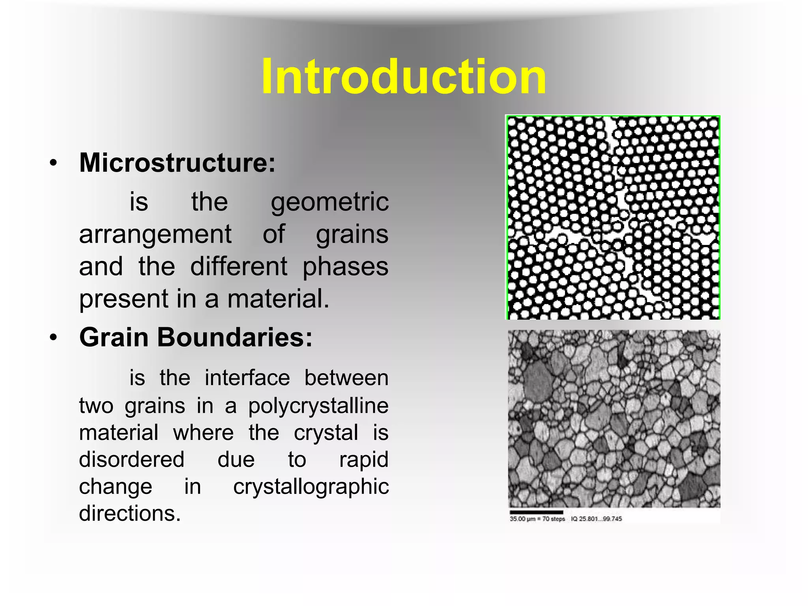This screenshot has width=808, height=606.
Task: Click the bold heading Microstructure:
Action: pyautogui.click(x=177, y=162)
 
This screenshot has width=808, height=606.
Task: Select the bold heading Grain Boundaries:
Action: pyautogui.click(x=196, y=338)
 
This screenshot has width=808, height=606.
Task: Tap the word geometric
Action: pyautogui.click(x=330, y=202)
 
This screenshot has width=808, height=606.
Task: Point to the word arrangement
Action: pyautogui.click(x=155, y=235)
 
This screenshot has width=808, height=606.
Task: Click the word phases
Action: pyautogui.click(x=345, y=267)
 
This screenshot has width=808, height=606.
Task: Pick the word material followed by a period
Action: pyautogui.click(x=278, y=299)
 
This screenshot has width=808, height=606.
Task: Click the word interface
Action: pyautogui.click(x=247, y=378)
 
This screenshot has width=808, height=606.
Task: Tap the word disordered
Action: pyautogui.click(x=132, y=460)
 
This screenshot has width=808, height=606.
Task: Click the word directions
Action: pyautogui.click(x=130, y=513)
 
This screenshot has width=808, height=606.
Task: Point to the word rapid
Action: pyautogui.click(x=364, y=460)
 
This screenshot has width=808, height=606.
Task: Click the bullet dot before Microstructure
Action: pyautogui.click(x=54, y=163)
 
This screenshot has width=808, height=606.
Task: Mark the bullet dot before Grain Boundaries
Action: pyautogui.click(x=54, y=338)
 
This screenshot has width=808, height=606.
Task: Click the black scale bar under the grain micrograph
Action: pyautogui.click(x=536, y=512)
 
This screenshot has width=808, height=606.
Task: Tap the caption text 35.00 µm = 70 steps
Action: pyautogui.click(x=537, y=519)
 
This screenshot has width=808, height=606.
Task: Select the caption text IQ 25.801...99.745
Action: pyautogui.click(x=596, y=519)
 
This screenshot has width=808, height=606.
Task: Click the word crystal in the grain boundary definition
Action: pyautogui.click(x=326, y=433)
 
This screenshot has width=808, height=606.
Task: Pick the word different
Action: pyautogui.click(x=239, y=267)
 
